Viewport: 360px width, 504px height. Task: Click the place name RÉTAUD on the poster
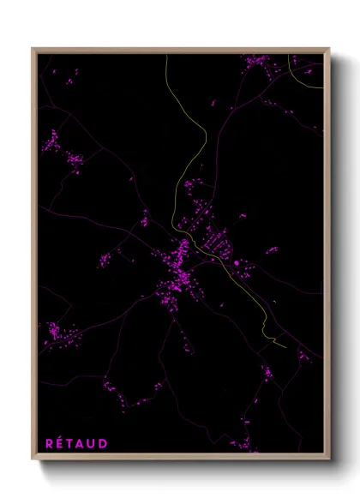point(76,443)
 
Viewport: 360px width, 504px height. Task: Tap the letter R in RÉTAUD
point(50,443)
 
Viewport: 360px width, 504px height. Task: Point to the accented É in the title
point(61,443)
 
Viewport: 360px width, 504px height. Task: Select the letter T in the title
point(71,443)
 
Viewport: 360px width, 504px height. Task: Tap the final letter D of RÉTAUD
point(104,443)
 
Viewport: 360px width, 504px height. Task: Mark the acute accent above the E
point(62,437)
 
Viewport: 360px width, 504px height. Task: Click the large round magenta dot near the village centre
point(236,263)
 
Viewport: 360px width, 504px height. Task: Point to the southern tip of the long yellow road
point(285,346)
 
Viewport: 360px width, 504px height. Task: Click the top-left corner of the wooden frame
point(33,49)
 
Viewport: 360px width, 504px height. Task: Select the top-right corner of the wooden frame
point(329,49)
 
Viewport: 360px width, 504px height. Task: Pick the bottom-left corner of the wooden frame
point(33,459)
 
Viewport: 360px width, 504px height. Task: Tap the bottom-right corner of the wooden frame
point(329,459)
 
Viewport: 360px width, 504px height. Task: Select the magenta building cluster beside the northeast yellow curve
point(256,62)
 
